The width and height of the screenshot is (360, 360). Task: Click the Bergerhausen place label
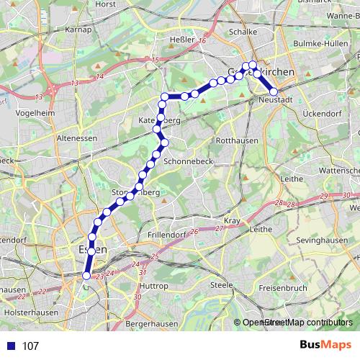(151, 324)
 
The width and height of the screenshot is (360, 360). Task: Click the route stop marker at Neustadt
(274, 91)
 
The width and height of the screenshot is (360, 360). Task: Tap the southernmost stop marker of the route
(87, 275)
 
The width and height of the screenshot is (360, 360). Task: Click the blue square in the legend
(11, 346)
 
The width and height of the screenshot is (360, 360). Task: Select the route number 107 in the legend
(30, 346)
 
